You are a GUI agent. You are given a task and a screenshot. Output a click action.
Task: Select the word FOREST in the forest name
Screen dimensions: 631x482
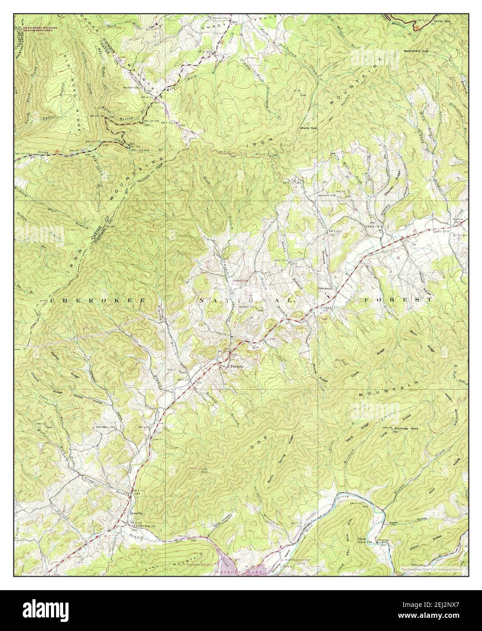(x=396, y=301)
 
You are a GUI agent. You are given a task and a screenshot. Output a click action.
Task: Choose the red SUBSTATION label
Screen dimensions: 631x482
(x=241, y=281)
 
